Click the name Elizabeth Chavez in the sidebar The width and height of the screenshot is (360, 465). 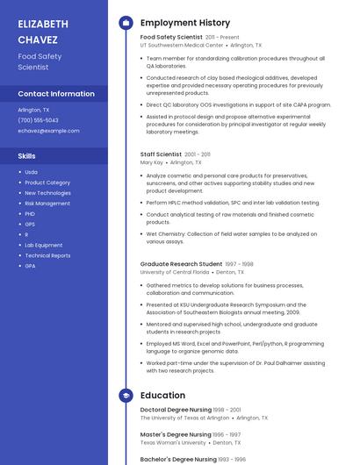coord(43,32)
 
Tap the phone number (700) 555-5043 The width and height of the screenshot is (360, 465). coord(38,120)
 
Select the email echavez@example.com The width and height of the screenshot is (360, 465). coord(48,131)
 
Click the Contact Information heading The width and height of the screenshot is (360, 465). coord(56,94)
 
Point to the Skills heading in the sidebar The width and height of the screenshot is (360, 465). coord(27,155)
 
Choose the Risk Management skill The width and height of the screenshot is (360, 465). coord(47,204)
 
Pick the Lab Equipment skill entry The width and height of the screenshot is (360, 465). coord(44,246)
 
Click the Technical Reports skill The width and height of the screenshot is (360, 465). coord(47,255)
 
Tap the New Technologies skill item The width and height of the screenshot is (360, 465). coord(48,193)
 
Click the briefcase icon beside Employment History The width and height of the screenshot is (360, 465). coord(126,23)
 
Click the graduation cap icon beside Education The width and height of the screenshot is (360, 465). coord(126,396)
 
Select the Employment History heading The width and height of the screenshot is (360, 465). coord(185,23)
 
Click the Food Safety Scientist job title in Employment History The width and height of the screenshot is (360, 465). coord(171,38)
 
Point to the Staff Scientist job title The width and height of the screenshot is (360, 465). coord(162,154)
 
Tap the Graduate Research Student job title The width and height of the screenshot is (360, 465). coord(181,264)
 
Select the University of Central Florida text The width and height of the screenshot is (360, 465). coord(175,272)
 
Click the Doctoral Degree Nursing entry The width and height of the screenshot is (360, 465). coord(175,410)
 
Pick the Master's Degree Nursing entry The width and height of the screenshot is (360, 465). coord(176,434)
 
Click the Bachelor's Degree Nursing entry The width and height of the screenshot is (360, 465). coord(178,459)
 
